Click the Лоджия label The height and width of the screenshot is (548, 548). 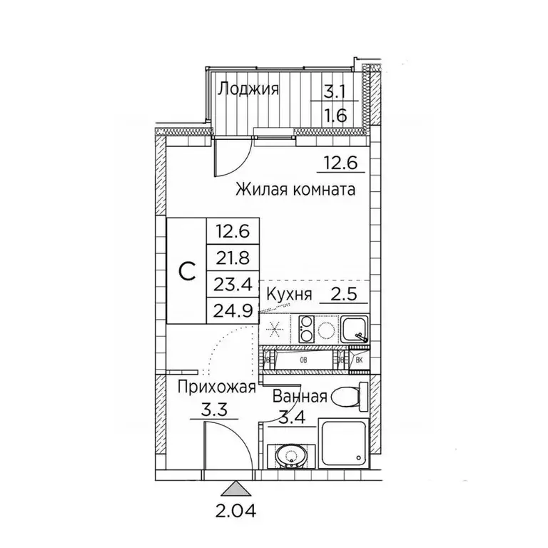coord(248,89)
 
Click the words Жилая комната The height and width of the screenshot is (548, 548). coord(294,191)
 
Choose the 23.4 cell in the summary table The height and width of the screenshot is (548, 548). coord(233,284)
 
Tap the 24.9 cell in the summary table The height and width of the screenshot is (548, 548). coord(233,311)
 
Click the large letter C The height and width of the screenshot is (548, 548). coord(186,271)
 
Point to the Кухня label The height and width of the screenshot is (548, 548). coord(288,295)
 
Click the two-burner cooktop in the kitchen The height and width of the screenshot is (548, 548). coord(307,329)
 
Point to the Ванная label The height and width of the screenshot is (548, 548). coord(299,397)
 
